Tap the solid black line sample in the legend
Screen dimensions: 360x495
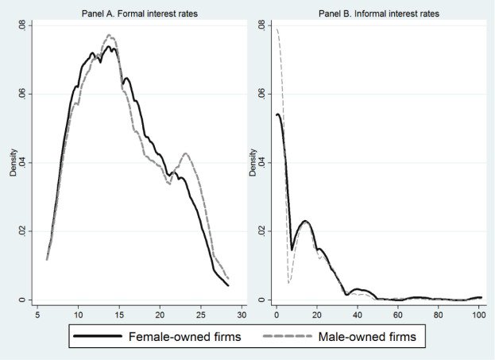pos(96,337)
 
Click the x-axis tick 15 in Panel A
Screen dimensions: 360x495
pos(119,315)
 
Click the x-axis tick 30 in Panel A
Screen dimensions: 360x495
pos(242,315)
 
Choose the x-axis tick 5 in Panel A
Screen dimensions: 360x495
pos(37,315)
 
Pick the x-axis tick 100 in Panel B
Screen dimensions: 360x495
pos(478,315)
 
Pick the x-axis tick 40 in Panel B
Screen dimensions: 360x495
pos(357,315)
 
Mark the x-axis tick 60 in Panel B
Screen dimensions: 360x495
pos(397,315)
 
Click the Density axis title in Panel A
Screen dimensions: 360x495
pos(14,163)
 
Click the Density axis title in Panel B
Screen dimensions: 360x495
pos(253,163)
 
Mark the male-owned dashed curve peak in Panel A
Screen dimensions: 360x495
pos(110,36)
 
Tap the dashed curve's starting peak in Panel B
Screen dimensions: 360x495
pos(277,29)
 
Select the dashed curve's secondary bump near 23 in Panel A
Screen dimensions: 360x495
pos(185,153)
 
